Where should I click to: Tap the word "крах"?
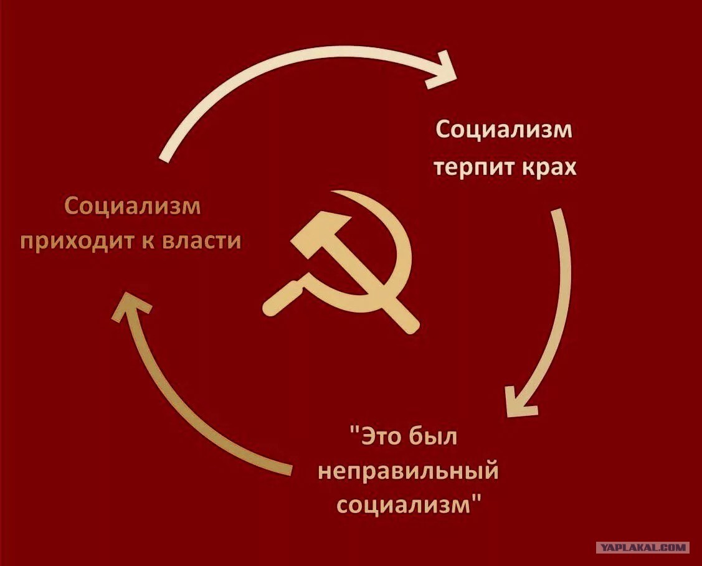click(548, 167)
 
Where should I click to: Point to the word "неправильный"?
click(408, 471)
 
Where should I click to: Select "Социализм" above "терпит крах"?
click(504, 130)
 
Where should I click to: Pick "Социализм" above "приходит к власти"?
click(133, 207)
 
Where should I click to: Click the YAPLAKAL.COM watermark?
click(643, 547)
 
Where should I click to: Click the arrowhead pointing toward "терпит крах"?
click(443, 71)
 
